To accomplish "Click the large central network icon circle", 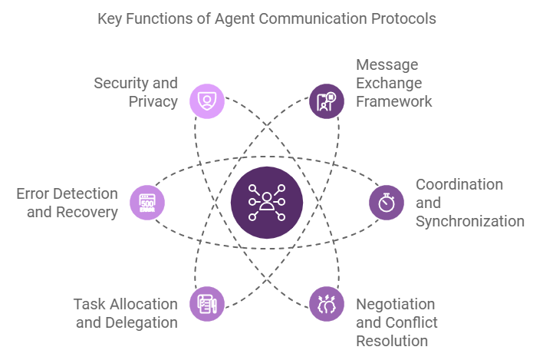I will click(x=267, y=203).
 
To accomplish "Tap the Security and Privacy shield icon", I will click(x=206, y=101).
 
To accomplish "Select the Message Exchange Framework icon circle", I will click(x=327, y=101).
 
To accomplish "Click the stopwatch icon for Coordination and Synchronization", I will click(x=387, y=203).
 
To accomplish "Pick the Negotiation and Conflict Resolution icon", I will click(x=327, y=304).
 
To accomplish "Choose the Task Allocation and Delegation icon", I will click(x=206, y=304).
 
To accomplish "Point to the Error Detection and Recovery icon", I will click(x=146, y=203).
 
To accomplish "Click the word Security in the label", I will click(x=121, y=83).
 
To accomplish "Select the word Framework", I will click(x=394, y=101).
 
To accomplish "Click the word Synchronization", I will click(x=470, y=221).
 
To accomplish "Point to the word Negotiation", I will click(x=395, y=304).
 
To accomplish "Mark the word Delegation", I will click(x=142, y=322).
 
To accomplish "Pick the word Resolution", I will click(x=392, y=341).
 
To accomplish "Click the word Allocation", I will click(x=144, y=304).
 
